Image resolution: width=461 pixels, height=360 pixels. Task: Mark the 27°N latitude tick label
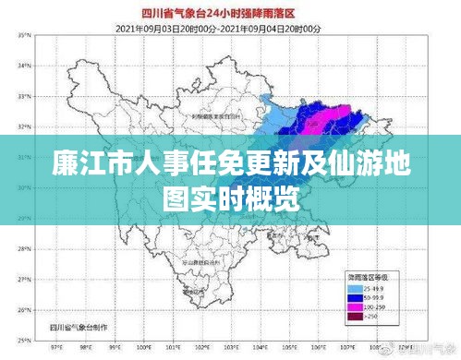[x=25, y=280]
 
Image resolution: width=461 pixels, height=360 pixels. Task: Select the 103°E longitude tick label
[x=250, y=350]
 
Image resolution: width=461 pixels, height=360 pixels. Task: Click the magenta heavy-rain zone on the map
[x=337, y=116]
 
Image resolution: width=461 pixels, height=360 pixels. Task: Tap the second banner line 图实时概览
[x=230, y=196]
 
